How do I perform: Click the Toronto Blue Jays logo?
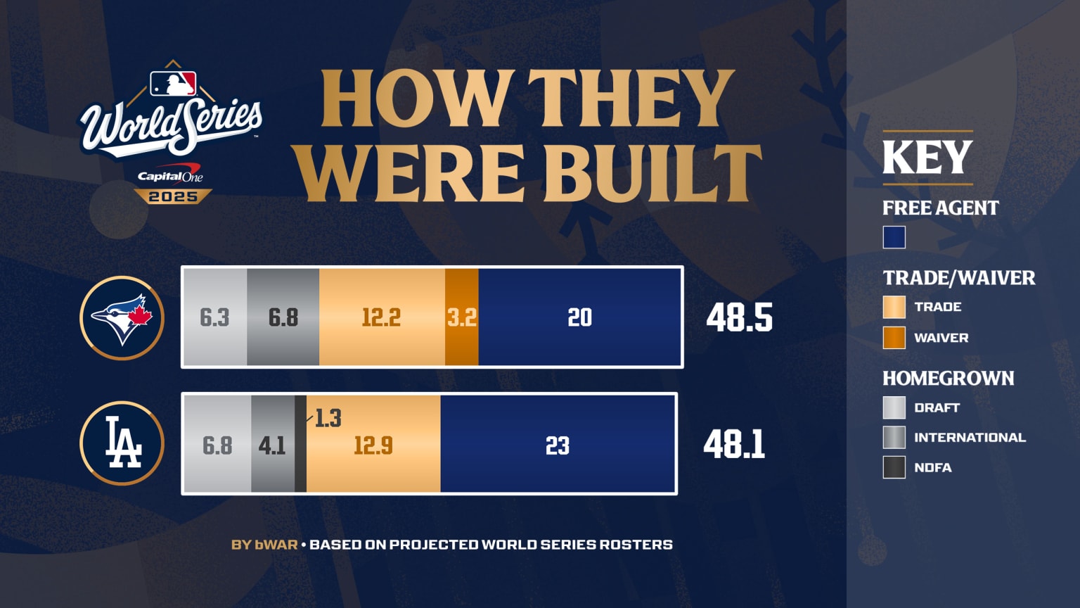coord(122,317)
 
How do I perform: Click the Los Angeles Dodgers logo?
coord(122,443)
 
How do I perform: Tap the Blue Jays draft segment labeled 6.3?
coord(214,317)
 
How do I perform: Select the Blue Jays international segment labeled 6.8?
coord(283,317)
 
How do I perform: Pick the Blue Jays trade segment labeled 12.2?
coord(381,317)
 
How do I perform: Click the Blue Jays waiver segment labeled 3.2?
coord(462,317)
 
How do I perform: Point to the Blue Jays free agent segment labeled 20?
coord(579,317)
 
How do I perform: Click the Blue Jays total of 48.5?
coord(739,318)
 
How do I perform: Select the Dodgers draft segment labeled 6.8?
coord(217,445)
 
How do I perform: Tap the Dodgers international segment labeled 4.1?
coord(272,445)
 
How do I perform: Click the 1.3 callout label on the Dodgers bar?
coord(328,419)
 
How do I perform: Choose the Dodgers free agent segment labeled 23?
coord(558,445)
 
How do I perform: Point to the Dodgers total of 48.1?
coord(734,445)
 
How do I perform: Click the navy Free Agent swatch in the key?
coord(894,237)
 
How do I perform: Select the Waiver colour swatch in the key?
coord(894,338)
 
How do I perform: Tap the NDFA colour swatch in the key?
coord(894,467)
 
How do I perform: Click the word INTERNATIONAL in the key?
coord(970,438)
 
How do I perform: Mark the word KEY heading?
coord(927,158)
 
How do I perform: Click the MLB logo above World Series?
coord(173,84)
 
